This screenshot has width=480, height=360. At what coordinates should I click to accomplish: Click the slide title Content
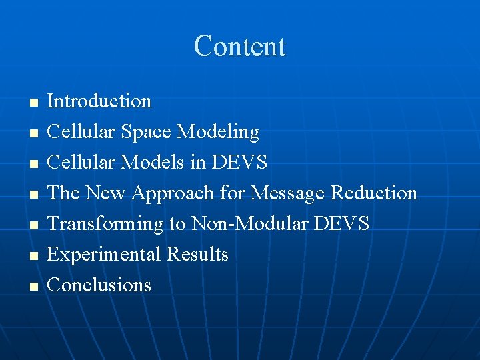click(239, 47)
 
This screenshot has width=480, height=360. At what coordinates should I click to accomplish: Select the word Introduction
click(99, 101)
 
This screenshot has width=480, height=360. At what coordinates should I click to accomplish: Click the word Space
click(147, 132)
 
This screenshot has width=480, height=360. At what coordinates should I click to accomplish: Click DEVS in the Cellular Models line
click(239, 163)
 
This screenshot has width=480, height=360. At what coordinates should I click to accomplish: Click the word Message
click(286, 193)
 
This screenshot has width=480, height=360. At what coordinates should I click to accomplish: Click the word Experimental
click(105, 255)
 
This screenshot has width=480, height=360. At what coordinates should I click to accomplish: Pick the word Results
click(197, 255)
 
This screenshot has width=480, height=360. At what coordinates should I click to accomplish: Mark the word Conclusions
click(99, 285)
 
